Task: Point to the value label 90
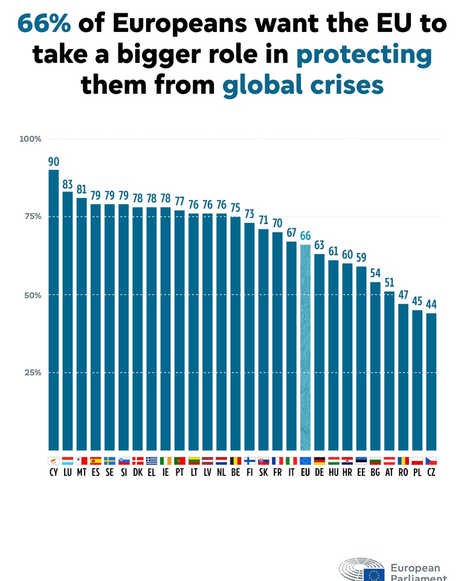point(54,161)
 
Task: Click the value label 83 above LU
point(68,184)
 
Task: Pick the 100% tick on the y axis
point(30,139)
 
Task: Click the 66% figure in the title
point(44,23)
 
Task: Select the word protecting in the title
point(364,54)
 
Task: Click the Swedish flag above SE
point(109,461)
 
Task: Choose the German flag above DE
point(320,461)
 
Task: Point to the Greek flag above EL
point(152,461)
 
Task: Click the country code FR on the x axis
point(277,473)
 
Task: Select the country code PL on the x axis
point(417,473)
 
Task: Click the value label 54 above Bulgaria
point(375,274)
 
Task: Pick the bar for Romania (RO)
point(403,377)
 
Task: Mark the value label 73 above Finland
point(250,214)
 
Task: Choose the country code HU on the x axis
point(333,473)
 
